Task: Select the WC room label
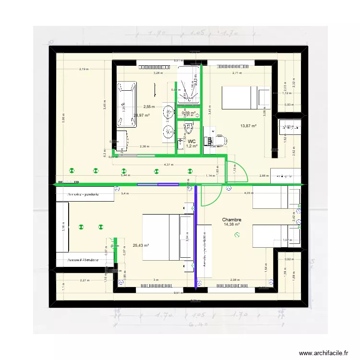192,141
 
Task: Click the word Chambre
231,219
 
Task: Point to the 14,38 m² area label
231,224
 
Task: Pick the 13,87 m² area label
248,126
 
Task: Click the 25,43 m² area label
141,245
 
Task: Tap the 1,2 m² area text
192,146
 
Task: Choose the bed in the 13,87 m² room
245,97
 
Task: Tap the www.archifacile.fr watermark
324,353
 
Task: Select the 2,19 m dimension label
84,69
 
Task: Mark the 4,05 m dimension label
248,193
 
